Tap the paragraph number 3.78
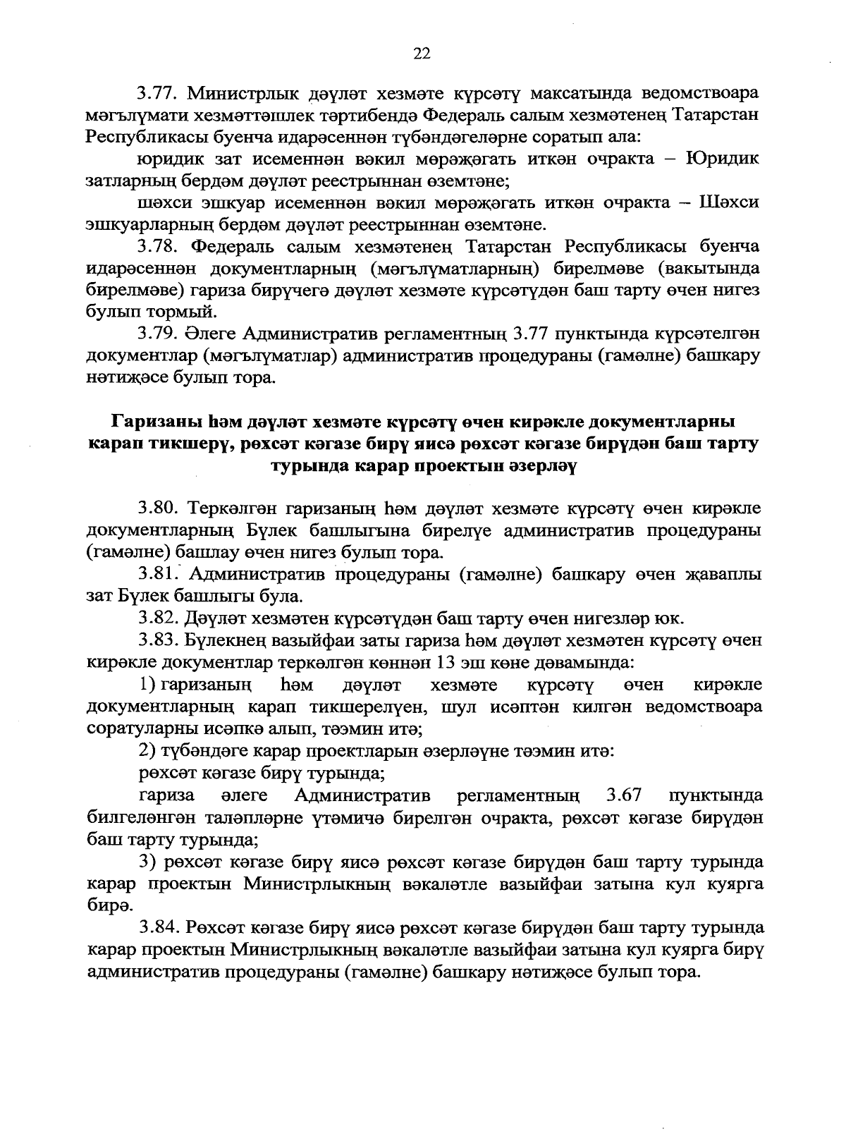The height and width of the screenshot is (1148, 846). coord(157,247)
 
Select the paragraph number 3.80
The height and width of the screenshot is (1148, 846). coord(157,508)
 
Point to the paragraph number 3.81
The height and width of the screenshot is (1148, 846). coord(157,575)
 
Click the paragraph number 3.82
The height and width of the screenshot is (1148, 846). coord(157,619)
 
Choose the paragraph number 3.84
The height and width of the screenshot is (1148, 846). coord(157,927)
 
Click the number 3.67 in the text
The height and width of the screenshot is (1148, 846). coord(623,796)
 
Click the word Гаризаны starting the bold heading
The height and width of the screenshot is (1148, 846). coord(154,422)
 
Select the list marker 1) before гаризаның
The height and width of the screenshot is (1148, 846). coord(147,685)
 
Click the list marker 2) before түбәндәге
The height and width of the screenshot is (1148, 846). coord(147,752)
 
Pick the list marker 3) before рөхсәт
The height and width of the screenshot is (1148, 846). coord(147,862)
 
